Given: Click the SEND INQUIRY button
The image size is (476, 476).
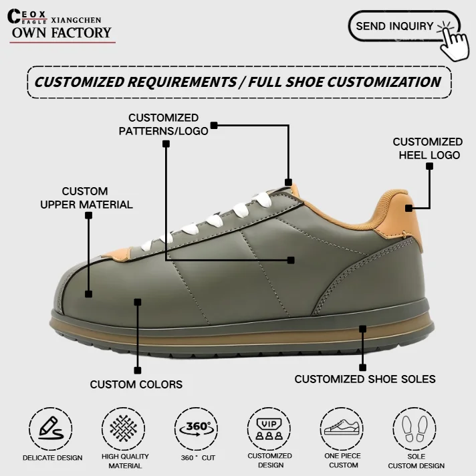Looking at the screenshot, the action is click(394, 26).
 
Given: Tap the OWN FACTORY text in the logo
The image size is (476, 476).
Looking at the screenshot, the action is click(62, 33).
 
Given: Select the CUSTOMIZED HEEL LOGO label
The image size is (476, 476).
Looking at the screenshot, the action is click(427, 148).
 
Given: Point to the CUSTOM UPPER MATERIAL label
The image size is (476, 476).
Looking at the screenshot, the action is click(86, 198).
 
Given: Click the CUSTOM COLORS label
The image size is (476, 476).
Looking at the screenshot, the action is click(136, 384).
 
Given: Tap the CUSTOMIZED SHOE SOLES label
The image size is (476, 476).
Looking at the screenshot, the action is click(365, 379).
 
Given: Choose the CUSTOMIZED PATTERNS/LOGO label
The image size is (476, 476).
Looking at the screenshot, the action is click(163, 124).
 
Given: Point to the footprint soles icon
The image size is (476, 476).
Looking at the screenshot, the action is click(416, 429).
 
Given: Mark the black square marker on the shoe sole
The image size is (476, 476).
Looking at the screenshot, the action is click(363, 329).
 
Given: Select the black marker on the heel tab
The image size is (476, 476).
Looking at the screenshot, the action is click(429, 166).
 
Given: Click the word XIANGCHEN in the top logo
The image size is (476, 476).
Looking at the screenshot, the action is click(76, 20).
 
